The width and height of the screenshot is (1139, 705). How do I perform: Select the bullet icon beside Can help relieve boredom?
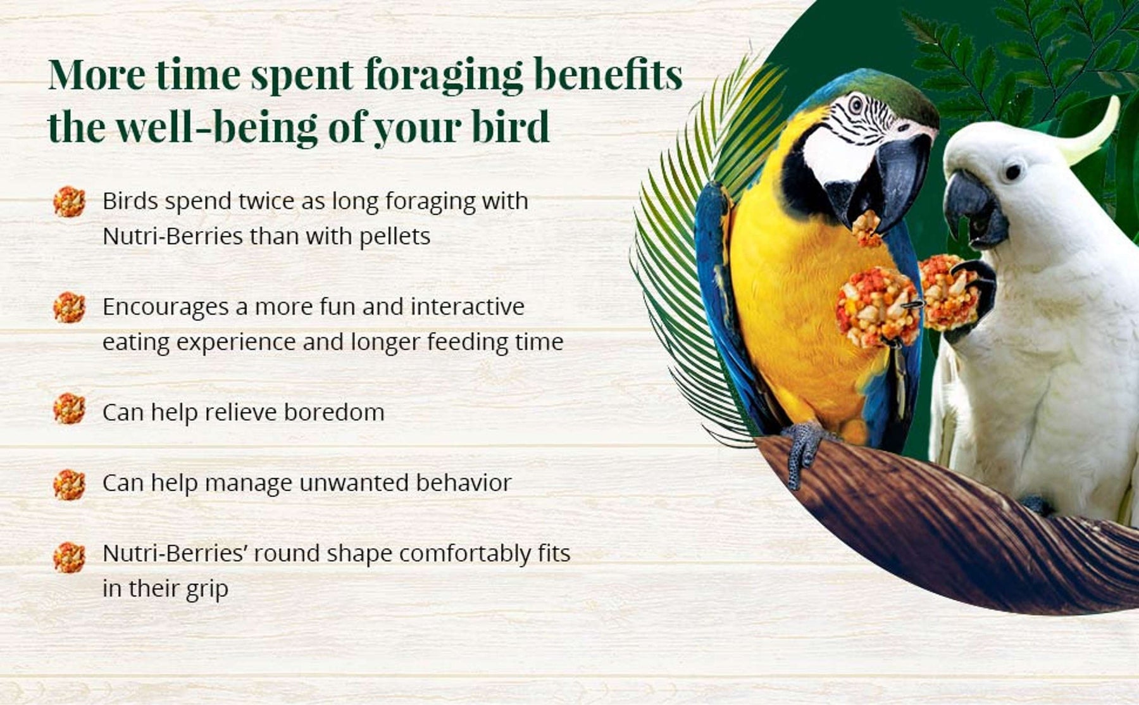[x=69, y=408]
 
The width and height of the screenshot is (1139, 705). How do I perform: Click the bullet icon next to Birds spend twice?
[x=69, y=202]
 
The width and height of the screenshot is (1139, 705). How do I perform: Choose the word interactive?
[x=468, y=307]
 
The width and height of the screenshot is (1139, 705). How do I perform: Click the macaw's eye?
[x=856, y=104]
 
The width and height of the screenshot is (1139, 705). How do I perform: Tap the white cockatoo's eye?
[x=1013, y=171]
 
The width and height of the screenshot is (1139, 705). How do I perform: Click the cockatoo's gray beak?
[x=974, y=209]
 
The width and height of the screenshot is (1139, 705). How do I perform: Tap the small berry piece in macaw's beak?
[x=866, y=229]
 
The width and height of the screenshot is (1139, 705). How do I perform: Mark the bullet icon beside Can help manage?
[x=69, y=485]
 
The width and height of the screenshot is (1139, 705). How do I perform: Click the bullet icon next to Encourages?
[x=69, y=308]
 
